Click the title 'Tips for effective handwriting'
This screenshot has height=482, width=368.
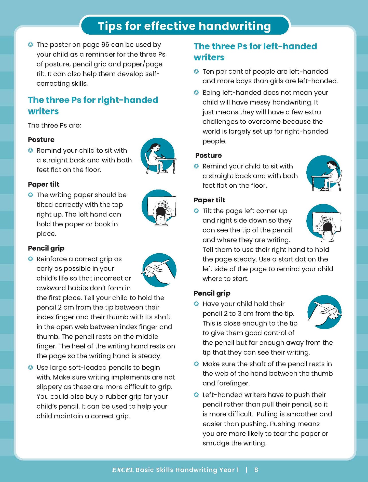tap(184, 26)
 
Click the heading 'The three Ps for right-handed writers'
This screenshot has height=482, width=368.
tap(93, 105)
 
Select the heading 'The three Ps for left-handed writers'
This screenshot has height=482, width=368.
tap(255, 51)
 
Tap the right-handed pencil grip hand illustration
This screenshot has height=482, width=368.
tap(159, 270)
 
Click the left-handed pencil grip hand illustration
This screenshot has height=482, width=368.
tap(324, 312)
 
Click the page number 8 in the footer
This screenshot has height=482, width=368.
tap(256, 470)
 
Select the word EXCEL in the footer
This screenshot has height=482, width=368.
tap(123, 470)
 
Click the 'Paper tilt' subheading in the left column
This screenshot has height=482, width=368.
tap(44, 184)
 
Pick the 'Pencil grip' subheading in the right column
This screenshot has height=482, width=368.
tap(212, 293)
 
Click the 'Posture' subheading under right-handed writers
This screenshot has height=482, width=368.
tap(41, 140)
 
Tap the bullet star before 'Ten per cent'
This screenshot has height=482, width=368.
tap(196, 72)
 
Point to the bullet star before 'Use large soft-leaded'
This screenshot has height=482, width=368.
tap(31, 368)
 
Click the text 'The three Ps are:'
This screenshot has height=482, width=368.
tap(54, 125)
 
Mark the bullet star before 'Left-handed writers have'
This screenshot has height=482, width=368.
tap(196, 395)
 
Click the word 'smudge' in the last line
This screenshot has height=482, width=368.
tap(216, 443)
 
